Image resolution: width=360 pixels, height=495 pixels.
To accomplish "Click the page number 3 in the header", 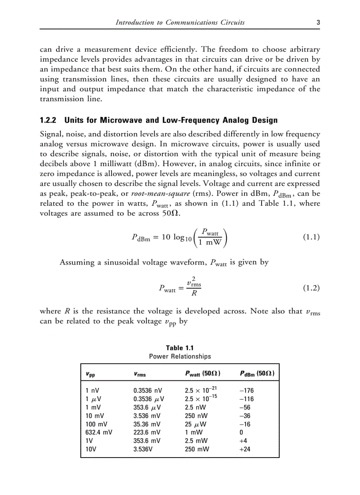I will tap(318, 22).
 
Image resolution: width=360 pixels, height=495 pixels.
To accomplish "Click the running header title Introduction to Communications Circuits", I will tap(180, 22).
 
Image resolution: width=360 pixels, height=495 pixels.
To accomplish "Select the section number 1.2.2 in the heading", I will tap(49, 120).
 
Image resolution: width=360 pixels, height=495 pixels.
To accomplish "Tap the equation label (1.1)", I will tap(311, 237).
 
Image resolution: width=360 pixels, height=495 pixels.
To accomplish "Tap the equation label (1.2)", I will tap(311, 288).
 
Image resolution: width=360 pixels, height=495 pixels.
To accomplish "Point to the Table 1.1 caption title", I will tap(180, 348).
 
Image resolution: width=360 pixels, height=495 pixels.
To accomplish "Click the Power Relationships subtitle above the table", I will tap(180, 356).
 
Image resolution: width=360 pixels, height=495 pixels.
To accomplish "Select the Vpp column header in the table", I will tap(90, 375).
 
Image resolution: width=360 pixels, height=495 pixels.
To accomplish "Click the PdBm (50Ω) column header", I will tap(257, 374).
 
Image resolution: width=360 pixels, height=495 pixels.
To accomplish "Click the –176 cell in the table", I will tap(246, 391).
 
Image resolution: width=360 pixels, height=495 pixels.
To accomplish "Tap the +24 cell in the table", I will tap(244, 449).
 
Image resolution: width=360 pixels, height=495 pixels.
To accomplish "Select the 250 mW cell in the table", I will tap(197, 449).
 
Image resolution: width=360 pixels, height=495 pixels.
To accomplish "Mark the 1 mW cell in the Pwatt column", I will tap(194, 432).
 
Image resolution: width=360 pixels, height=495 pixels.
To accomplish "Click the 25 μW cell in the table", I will tap(195, 424).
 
